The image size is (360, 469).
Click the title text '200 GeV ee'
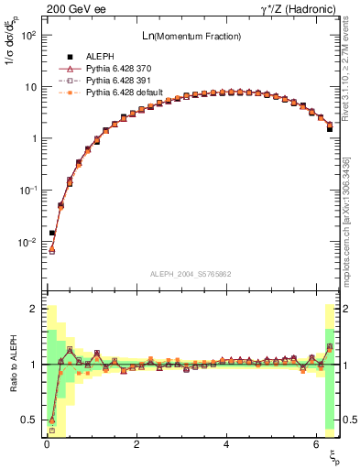(67, 7)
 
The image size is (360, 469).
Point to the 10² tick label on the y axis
(27, 36)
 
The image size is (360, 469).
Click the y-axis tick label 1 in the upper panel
(33, 139)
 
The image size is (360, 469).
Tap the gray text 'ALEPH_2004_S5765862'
(190, 274)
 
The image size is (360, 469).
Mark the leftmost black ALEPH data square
(52, 233)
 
